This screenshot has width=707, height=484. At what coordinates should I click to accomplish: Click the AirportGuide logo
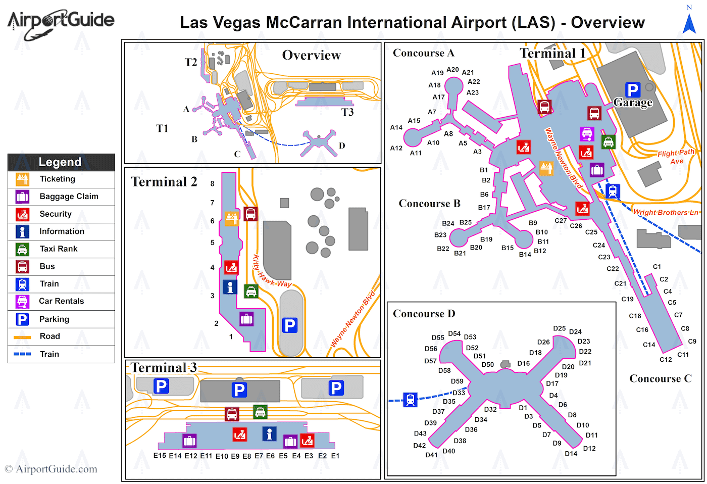coord(61,23)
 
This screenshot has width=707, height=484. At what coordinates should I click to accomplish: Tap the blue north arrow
coord(689,23)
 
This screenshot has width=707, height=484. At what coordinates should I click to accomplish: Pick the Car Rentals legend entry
coord(61,301)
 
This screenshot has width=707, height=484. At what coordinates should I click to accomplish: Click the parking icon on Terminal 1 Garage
coord(632,90)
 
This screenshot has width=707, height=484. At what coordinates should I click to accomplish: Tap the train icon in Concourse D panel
coord(411,400)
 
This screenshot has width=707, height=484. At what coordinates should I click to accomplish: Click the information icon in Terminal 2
coord(230,287)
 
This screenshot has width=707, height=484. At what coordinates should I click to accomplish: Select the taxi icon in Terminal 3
coord(260,412)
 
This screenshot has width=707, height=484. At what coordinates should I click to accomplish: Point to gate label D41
coord(431,455)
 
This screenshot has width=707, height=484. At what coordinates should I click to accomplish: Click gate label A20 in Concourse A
coord(452,70)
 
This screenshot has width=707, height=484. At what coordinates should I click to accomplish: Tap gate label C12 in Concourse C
coord(666,360)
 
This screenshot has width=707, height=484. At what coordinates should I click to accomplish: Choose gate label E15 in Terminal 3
coord(160,456)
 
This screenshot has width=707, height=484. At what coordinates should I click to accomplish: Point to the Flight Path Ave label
coord(676,157)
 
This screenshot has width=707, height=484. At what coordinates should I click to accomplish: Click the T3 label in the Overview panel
coord(347,112)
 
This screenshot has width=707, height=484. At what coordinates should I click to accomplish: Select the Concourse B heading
coord(429,204)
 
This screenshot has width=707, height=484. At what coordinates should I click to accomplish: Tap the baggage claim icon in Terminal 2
coord(246,319)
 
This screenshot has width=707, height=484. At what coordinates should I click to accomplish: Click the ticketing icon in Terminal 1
coord(546,168)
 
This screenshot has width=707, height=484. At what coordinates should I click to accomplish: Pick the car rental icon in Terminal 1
coord(587,134)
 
